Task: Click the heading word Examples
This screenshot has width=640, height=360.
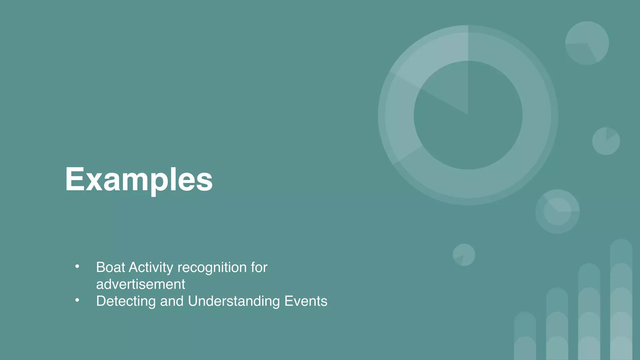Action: (x=139, y=179)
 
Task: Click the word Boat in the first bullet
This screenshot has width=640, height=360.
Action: (x=110, y=267)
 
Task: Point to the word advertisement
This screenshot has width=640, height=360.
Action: (x=140, y=284)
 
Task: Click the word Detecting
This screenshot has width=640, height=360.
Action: (x=126, y=301)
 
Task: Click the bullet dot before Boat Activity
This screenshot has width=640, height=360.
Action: (x=77, y=267)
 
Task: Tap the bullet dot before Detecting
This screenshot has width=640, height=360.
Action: (x=77, y=300)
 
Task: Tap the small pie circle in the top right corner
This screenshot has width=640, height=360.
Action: (x=587, y=43)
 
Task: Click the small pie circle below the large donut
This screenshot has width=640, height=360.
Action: (x=464, y=255)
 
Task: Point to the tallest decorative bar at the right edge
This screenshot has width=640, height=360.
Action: (x=621, y=300)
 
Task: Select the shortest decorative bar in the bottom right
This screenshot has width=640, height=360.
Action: (x=525, y=336)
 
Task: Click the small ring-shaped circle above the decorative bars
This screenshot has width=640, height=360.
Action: (x=557, y=212)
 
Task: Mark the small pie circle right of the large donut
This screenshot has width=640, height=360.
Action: (x=606, y=141)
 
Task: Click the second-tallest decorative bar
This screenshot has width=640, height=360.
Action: (x=589, y=312)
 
